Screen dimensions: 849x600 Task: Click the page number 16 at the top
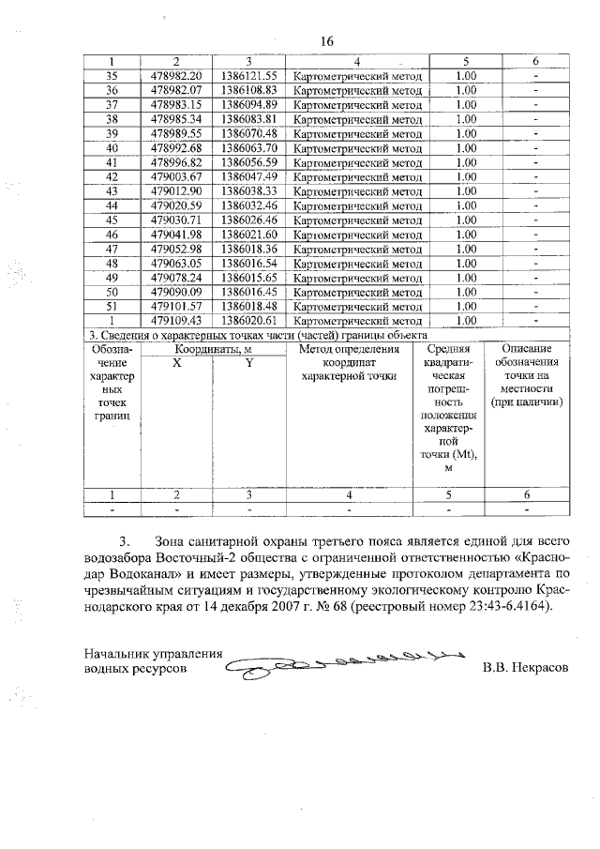pyautogui.click(x=327, y=41)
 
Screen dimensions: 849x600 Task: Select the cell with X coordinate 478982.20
pyautogui.click(x=176, y=75)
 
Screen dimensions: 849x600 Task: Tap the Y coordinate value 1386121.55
pyautogui.click(x=248, y=75)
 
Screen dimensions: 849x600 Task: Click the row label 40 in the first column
pyautogui.click(x=112, y=147)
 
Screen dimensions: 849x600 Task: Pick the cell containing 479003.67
pyautogui.click(x=176, y=176)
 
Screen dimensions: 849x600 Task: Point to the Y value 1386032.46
pyautogui.click(x=248, y=205)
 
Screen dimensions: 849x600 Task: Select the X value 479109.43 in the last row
pyautogui.click(x=176, y=321)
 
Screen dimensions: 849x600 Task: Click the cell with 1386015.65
pyautogui.click(x=248, y=278)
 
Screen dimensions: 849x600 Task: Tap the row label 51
pyautogui.click(x=112, y=307)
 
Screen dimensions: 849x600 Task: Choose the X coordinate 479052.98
pyautogui.click(x=176, y=249)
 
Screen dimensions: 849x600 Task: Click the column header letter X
pyautogui.click(x=176, y=361)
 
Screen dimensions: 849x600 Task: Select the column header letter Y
pyautogui.click(x=248, y=361)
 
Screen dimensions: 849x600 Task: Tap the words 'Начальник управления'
pyautogui.click(x=152, y=655)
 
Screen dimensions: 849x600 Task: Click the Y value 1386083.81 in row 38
pyautogui.click(x=248, y=119)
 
